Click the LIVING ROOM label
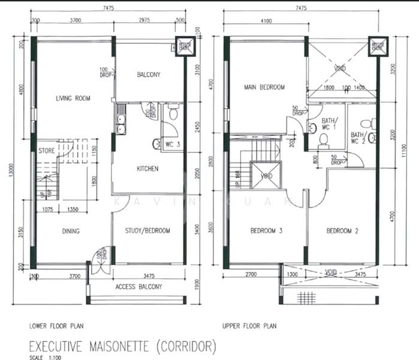pyautogui.click(x=73, y=98)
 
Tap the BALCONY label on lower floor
pyautogui.click(x=148, y=75)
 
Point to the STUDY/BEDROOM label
pyautogui.click(x=147, y=230)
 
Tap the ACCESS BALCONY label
pyautogui.click(x=138, y=287)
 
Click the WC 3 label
pyautogui.click(x=174, y=143)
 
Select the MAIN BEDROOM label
pyautogui.click(x=264, y=87)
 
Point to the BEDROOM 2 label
pyautogui.click(x=342, y=230)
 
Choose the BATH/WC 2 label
pyautogui.click(x=358, y=139)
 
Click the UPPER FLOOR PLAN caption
pyautogui.click(x=251, y=327)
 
